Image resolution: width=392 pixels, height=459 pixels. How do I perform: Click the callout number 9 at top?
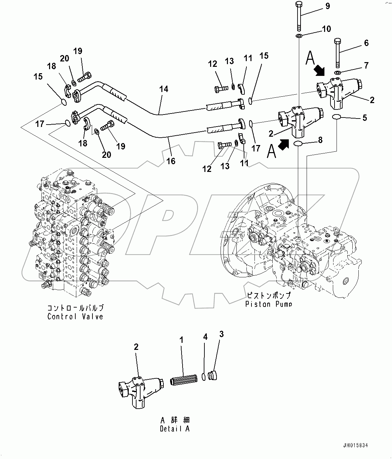click(x=327, y=6)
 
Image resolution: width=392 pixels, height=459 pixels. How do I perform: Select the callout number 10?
click(x=326, y=29)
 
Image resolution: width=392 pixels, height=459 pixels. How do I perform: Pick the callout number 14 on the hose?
click(x=164, y=89)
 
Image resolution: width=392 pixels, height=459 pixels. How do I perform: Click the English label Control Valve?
click(x=75, y=316)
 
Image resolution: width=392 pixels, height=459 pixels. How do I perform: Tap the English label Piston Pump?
click(x=268, y=304)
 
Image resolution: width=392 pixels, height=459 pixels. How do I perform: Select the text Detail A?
click(x=175, y=429)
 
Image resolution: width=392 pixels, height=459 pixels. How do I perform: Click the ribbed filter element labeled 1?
click(x=182, y=381)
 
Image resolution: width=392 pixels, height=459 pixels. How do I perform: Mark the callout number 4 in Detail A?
click(x=205, y=337)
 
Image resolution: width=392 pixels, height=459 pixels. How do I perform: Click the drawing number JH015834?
click(x=356, y=446)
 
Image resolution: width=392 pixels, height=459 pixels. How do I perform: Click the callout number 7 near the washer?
click(x=366, y=65)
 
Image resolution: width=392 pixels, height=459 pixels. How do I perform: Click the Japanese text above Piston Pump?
click(x=268, y=296)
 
